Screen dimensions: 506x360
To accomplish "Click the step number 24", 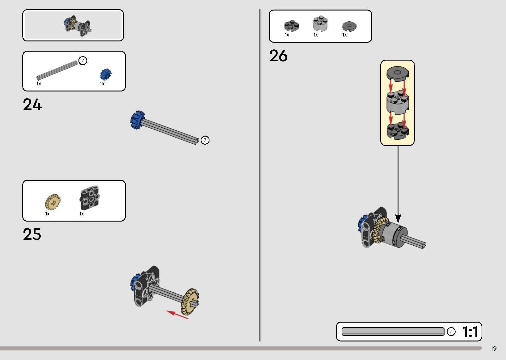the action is [32, 104].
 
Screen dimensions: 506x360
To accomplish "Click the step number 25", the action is [32, 234].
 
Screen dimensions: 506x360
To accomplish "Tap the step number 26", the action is [279, 56].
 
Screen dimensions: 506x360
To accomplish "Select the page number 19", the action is [493, 349].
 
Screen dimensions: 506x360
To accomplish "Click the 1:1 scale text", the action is [470, 332].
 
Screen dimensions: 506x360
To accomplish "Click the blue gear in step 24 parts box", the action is [105, 74].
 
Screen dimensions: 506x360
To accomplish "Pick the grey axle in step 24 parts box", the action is [57, 70].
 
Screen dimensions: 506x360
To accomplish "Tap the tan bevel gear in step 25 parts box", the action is [53, 201].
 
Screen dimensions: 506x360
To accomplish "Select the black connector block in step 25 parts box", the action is [90, 197].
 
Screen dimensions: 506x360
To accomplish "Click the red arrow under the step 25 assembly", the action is [177, 315].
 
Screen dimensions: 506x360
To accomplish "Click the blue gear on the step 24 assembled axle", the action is [137, 120].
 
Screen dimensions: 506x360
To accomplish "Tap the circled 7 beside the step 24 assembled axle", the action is [205, 140].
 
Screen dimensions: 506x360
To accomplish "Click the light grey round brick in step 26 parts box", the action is [320, 23].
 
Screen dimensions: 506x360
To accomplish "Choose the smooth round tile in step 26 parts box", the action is [349, 26].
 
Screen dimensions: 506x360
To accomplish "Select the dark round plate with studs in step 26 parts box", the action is [292, 25].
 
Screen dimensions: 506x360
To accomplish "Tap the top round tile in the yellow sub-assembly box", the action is [398, 74].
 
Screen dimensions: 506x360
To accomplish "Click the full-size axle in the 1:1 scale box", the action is [393, 332].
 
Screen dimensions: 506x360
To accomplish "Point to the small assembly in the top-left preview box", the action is [78, 26].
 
